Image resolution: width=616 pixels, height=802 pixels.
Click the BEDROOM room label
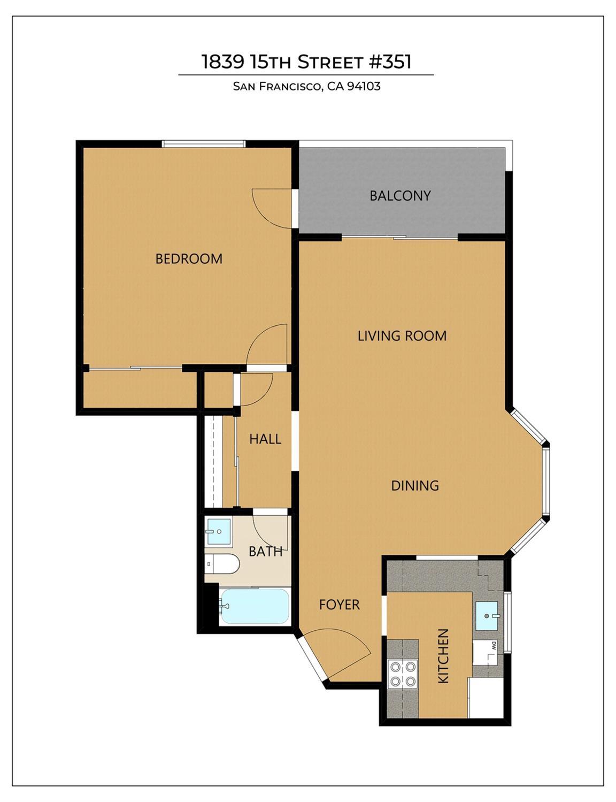pos(189,259)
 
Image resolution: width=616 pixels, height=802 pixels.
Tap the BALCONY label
pos(400,196)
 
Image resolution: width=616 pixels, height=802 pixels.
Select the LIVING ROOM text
pos(402,336)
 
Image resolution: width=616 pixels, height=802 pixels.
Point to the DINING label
pos(415,486)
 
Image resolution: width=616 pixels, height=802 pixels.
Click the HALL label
pos(265,439)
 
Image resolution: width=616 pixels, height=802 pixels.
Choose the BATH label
pos(265,551)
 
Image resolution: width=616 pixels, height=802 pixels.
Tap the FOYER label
pos(339,605)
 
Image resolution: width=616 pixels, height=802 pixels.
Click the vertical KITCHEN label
pos(443,655)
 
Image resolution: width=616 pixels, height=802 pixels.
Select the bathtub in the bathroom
pos(255,606)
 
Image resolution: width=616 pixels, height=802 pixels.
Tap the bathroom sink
pos(218,531)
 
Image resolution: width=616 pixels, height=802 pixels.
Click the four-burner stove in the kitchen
pos(403,674)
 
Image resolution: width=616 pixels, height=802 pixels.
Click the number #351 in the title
pos(390,62)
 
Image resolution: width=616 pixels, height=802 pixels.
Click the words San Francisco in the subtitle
pos(277,86)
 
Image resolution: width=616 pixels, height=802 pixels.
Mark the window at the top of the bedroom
pos(204,143)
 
